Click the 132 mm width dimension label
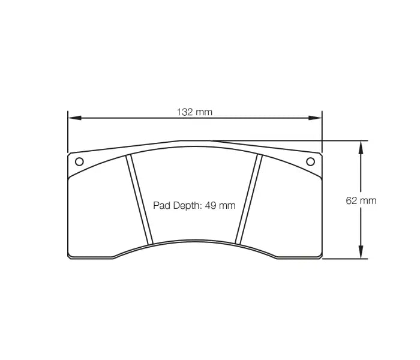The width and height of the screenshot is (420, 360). click(x=194, y=112)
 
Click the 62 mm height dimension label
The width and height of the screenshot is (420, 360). click(x=361, y=200)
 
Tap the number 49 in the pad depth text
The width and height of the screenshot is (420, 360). click(x=210, y=205)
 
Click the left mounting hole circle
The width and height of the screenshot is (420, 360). click(x=79, y=161)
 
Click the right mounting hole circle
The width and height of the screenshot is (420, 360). click(x=310, y=161)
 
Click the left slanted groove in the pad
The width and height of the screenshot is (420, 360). click(x=140, y=200)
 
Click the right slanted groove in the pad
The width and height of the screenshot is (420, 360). click(x=250, y=200)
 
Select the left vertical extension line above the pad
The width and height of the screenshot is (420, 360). click(x=68, y=132)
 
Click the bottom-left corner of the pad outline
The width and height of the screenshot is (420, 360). click(x=69, y=257)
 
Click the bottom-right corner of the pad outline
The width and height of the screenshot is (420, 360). click(x=321, y=257)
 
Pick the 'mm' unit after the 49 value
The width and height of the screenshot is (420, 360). click(x=227, y=205)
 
